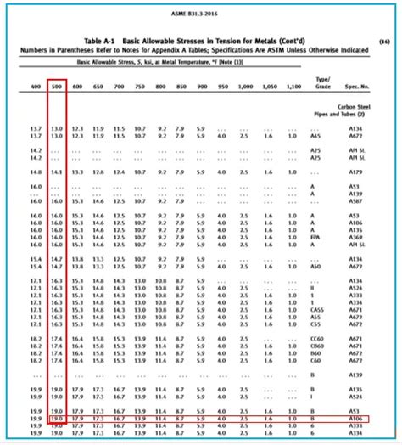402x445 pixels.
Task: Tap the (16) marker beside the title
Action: tap(385, 40)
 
